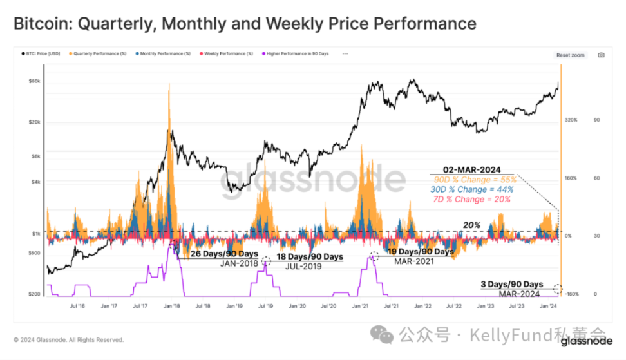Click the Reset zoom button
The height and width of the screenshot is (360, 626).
[570, 55]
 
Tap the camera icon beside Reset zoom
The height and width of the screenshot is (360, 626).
[601, 55]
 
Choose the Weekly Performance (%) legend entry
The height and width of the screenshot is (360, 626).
[226, 53]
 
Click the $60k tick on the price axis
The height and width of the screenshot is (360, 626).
[35, 81]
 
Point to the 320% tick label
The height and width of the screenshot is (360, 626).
[571, 120]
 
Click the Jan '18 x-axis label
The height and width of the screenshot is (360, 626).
[172, 307]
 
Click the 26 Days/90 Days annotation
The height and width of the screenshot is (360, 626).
[220, 253]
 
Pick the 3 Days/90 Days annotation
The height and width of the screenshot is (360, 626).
[512, 284]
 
